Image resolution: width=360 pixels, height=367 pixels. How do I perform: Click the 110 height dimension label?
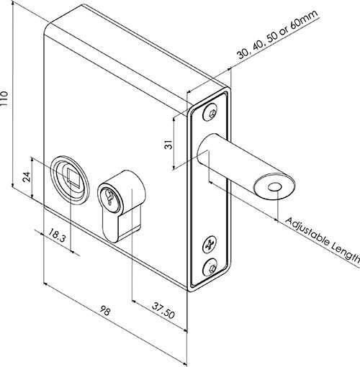click(4, 99)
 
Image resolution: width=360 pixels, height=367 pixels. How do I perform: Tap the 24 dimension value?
click(27, 177)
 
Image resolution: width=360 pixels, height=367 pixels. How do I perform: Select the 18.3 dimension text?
click(57, 235)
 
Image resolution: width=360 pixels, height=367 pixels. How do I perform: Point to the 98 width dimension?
click(105, 311)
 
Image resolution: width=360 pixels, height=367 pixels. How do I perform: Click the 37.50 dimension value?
click(163, 311)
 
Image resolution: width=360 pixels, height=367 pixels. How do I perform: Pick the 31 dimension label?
click(169, 145)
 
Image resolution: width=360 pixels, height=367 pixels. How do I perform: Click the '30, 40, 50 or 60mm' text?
click(278, 35)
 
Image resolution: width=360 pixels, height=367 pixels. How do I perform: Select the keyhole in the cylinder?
click(109, 197)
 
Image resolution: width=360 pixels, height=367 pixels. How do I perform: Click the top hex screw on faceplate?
click(211, 112)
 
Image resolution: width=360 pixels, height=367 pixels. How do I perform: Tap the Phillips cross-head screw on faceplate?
click(210, 245)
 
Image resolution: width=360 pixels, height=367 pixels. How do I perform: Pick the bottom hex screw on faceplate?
click(210, 267)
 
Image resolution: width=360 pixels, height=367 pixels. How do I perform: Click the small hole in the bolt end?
click(275, 187)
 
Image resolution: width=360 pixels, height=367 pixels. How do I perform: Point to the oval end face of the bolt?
click(275, 186)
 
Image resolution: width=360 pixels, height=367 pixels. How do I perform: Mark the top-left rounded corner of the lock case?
click(48, 27)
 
